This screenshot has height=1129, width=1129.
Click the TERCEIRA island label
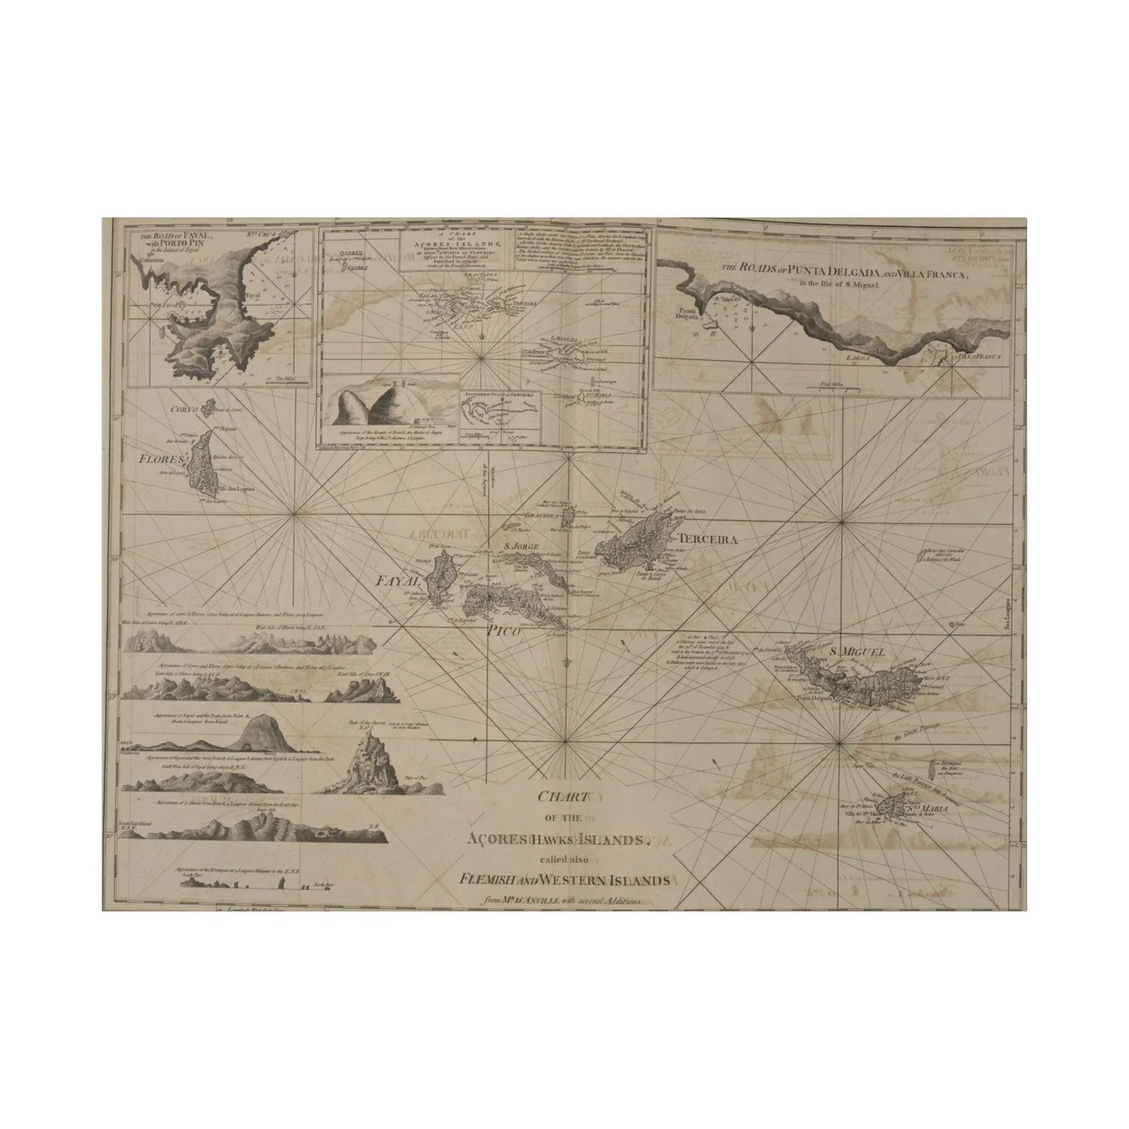[x=708, y=539]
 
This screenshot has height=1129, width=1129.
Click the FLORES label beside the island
[x=161, y=459]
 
